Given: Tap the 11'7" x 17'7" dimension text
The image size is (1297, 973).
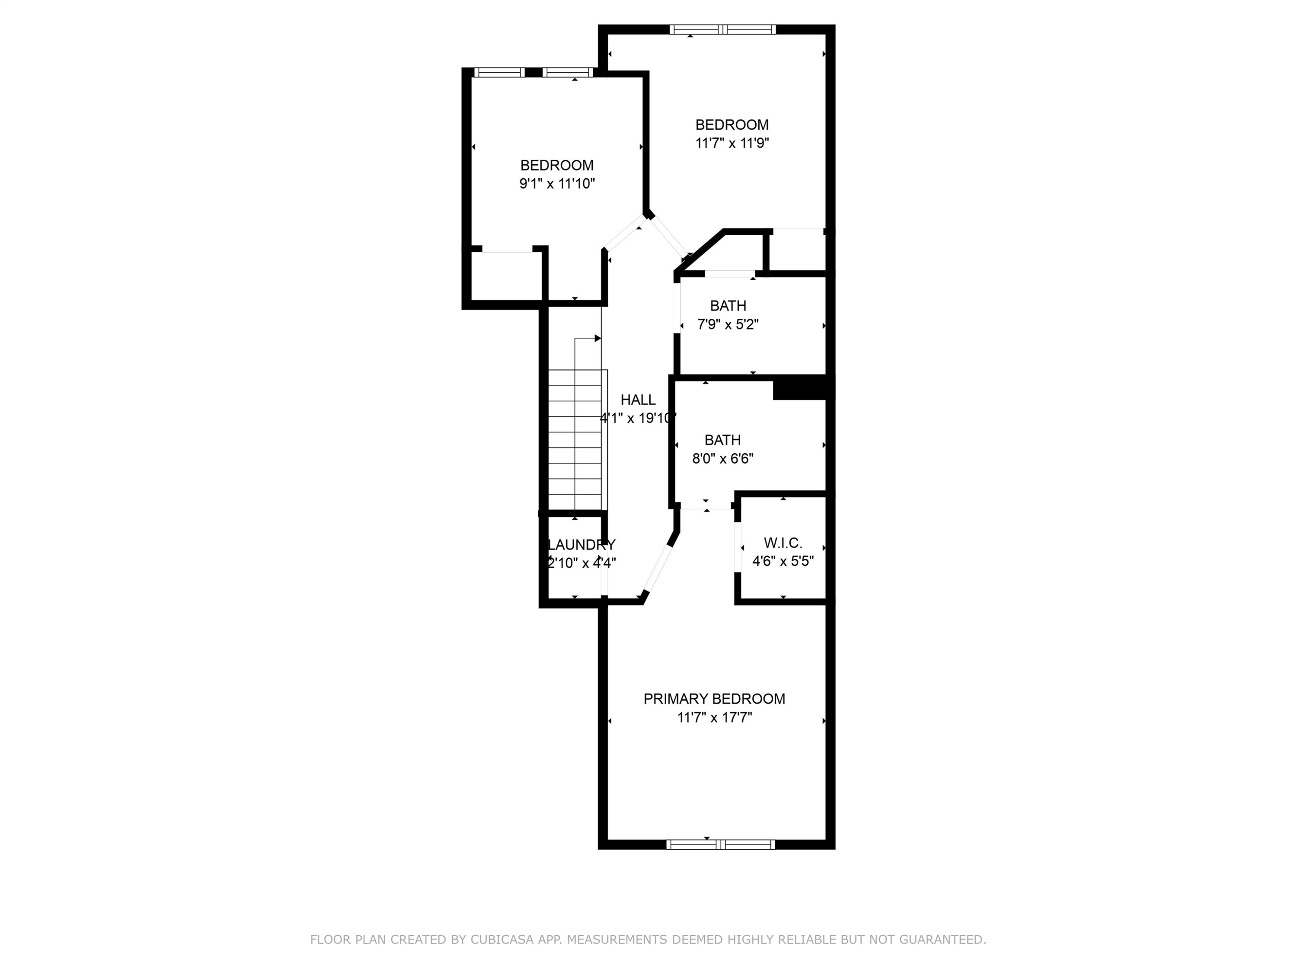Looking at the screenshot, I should pyautogui.click(x=714, y=717).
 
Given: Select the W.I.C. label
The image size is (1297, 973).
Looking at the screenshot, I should pyautogui.click(x=783, y=543).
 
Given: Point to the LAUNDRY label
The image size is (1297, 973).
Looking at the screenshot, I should pyautogui.click(x=581, y=545).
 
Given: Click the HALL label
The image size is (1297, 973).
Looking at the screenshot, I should pyautogui.click(x=638, y=400).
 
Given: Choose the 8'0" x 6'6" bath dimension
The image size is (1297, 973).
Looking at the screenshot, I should pyautogui.click(x=722, y=459).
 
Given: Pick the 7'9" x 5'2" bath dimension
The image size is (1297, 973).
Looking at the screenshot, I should pyautogui.click(x=728, y=324).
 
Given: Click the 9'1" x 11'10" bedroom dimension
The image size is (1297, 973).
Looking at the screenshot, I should pyautogui.click(x=557, y=184).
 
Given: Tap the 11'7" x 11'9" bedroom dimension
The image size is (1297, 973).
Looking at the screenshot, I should pyautogui.click(x=732, y=143).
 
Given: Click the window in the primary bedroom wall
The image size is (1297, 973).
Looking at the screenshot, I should pyautogui.click(x=721, y=845).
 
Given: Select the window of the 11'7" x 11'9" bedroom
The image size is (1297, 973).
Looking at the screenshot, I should pyautogui.click(x=723, y=29).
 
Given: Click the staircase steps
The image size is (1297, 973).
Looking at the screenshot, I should pyautogui.click(x=575, y=440).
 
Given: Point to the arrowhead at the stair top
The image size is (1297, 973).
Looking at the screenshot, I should pyautogui.click(x=597, y=339).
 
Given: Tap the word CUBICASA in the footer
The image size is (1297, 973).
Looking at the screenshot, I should pyautogui.click(x=502, y=940).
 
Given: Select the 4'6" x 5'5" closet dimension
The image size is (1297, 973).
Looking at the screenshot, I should pyautogui.click(x=783, y=561).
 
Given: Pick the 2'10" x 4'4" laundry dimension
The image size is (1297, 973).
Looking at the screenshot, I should pyautogui.click(x=581, y=563).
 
